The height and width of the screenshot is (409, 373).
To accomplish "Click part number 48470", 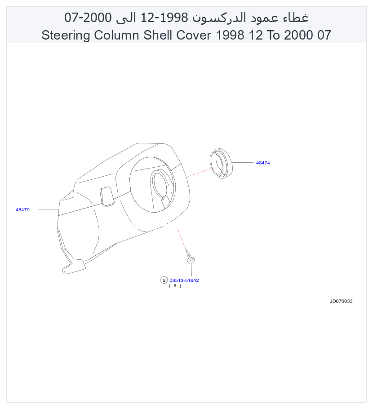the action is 22,210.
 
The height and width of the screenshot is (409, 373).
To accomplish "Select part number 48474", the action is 263,163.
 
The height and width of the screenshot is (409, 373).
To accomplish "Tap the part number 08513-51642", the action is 184,280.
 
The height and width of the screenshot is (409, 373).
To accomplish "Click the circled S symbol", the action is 164,280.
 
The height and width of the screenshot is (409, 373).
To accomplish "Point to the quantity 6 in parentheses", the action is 175,286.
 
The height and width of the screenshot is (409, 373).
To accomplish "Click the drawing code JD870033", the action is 341,301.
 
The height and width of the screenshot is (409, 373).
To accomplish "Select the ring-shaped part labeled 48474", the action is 221,164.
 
